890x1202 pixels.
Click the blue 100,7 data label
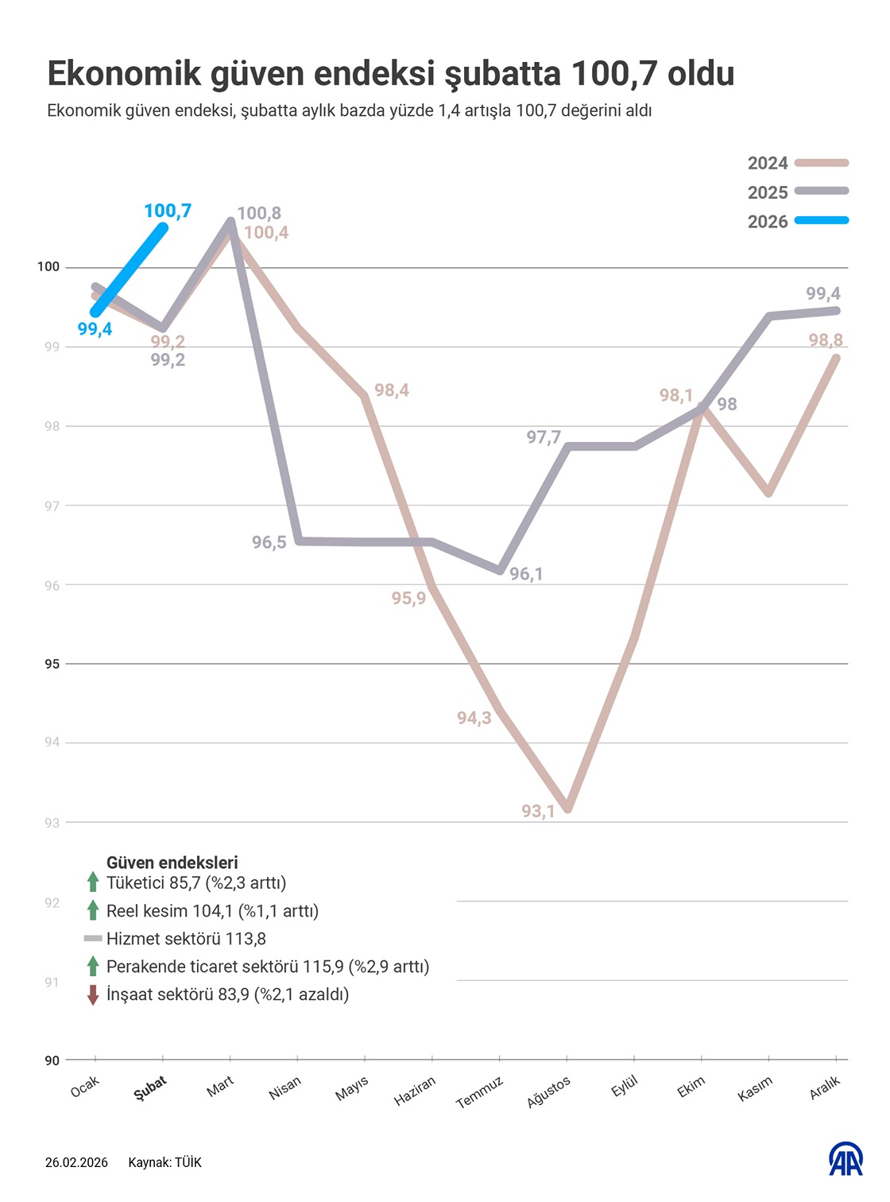click(168, 211)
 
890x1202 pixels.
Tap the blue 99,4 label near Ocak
click(95, 329)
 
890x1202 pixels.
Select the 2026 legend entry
click(797, 222)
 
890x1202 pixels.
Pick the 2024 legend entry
click(797, 163)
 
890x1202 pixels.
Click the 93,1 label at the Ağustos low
click(538, 812)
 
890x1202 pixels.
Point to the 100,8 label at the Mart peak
click(259, 213)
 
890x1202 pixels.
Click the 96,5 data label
click(269, 543)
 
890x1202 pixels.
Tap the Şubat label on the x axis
click(150, 1088)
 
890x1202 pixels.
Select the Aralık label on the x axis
click(825, 1088)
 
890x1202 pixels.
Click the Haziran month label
click(415, 1091)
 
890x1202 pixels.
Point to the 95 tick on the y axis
click(52, 664)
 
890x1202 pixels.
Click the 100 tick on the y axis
click(48, 267)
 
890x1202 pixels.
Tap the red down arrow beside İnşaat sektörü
click(93, 995)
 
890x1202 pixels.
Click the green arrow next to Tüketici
click(93, 882)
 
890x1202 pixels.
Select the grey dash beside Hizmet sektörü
click(93, 939)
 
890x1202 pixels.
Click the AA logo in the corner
click(845, 1160)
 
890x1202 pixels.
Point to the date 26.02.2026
click(76, 1163)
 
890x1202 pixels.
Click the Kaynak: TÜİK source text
click(164, 1163)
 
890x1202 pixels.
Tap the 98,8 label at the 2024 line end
click(826, 340)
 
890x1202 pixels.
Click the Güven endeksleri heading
click(172, 863)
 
